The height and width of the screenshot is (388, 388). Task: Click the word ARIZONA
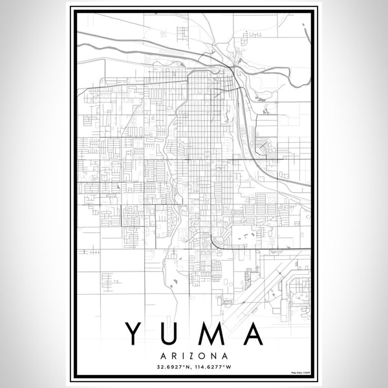(x=194, y=356)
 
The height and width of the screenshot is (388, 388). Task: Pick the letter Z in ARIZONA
(x=194, y=356)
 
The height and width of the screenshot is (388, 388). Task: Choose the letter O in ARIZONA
(x=204, y=356)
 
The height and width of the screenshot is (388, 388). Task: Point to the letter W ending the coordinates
(x=231, y=367)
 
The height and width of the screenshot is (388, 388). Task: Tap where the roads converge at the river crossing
(x=232, y=65)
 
